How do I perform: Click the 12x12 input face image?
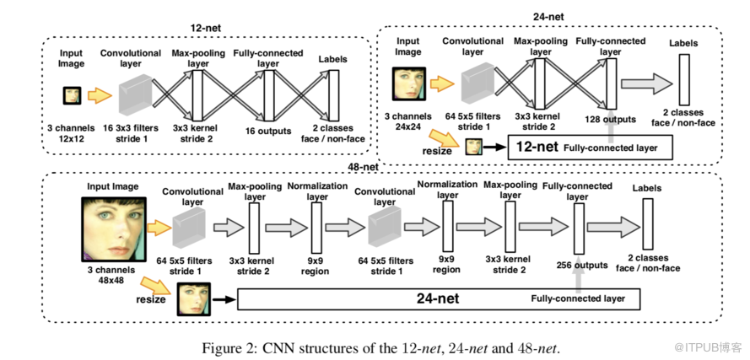(x=72, y=95)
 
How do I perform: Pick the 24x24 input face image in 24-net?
(x=408, y=83)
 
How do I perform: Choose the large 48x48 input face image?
(x=113, y=226)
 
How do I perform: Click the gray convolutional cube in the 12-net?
(x=136, y=94)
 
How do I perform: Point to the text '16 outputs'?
(x=268, y=131)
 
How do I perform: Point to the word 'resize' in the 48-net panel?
(x=149, y=298)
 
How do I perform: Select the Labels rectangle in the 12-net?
(x=332, y=95)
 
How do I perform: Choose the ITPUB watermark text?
(x=714, y=347)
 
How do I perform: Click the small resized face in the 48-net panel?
(x=193, y=299)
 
